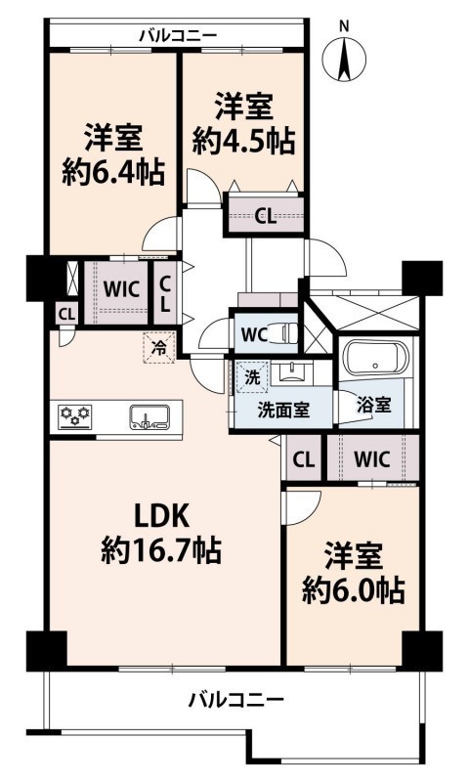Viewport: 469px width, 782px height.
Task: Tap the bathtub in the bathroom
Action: coord(376,358)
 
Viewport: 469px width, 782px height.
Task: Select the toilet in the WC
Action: coord(288,332)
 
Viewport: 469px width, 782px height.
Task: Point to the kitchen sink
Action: coord(149,417)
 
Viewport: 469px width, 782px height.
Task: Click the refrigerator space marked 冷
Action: coord(159,348)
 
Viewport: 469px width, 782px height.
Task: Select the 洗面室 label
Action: coord(283,410)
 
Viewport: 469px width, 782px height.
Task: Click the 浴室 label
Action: coord(374,405)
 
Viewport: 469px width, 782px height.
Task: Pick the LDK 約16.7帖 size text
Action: coord(161,533)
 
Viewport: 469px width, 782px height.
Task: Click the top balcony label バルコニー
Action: coord(178,35)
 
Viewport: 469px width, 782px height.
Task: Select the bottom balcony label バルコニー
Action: coord(235,699)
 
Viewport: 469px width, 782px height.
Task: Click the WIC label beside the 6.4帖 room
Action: coord(121,289)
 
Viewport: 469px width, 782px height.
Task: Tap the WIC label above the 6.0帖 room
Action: coord(372,458)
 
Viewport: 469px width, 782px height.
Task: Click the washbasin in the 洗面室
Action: coord(292,372)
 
